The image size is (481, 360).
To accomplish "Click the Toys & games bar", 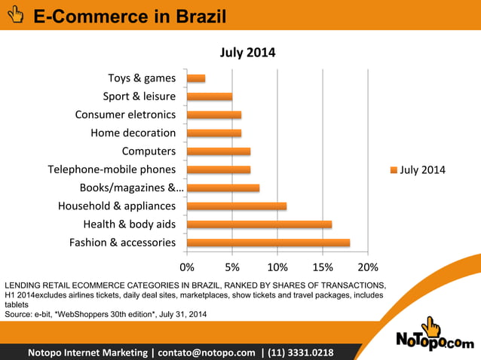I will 196,78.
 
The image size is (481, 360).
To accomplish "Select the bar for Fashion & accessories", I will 268,243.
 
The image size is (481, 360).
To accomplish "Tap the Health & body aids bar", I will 259,224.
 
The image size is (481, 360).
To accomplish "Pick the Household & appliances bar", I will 237,206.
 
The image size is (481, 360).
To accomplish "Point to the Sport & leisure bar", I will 210,96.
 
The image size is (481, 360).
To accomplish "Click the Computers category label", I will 149,151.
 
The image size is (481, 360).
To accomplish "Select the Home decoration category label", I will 133,133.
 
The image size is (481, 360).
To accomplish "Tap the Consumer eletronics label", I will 125,114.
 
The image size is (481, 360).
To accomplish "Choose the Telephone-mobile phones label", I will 112,169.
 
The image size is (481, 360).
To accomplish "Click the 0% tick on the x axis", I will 187,267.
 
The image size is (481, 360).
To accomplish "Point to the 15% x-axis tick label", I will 322,267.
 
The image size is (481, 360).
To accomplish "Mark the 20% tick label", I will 367,267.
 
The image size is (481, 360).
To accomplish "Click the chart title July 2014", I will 247,53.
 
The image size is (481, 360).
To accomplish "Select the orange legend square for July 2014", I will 393,170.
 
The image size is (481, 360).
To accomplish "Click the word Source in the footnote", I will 18,313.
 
